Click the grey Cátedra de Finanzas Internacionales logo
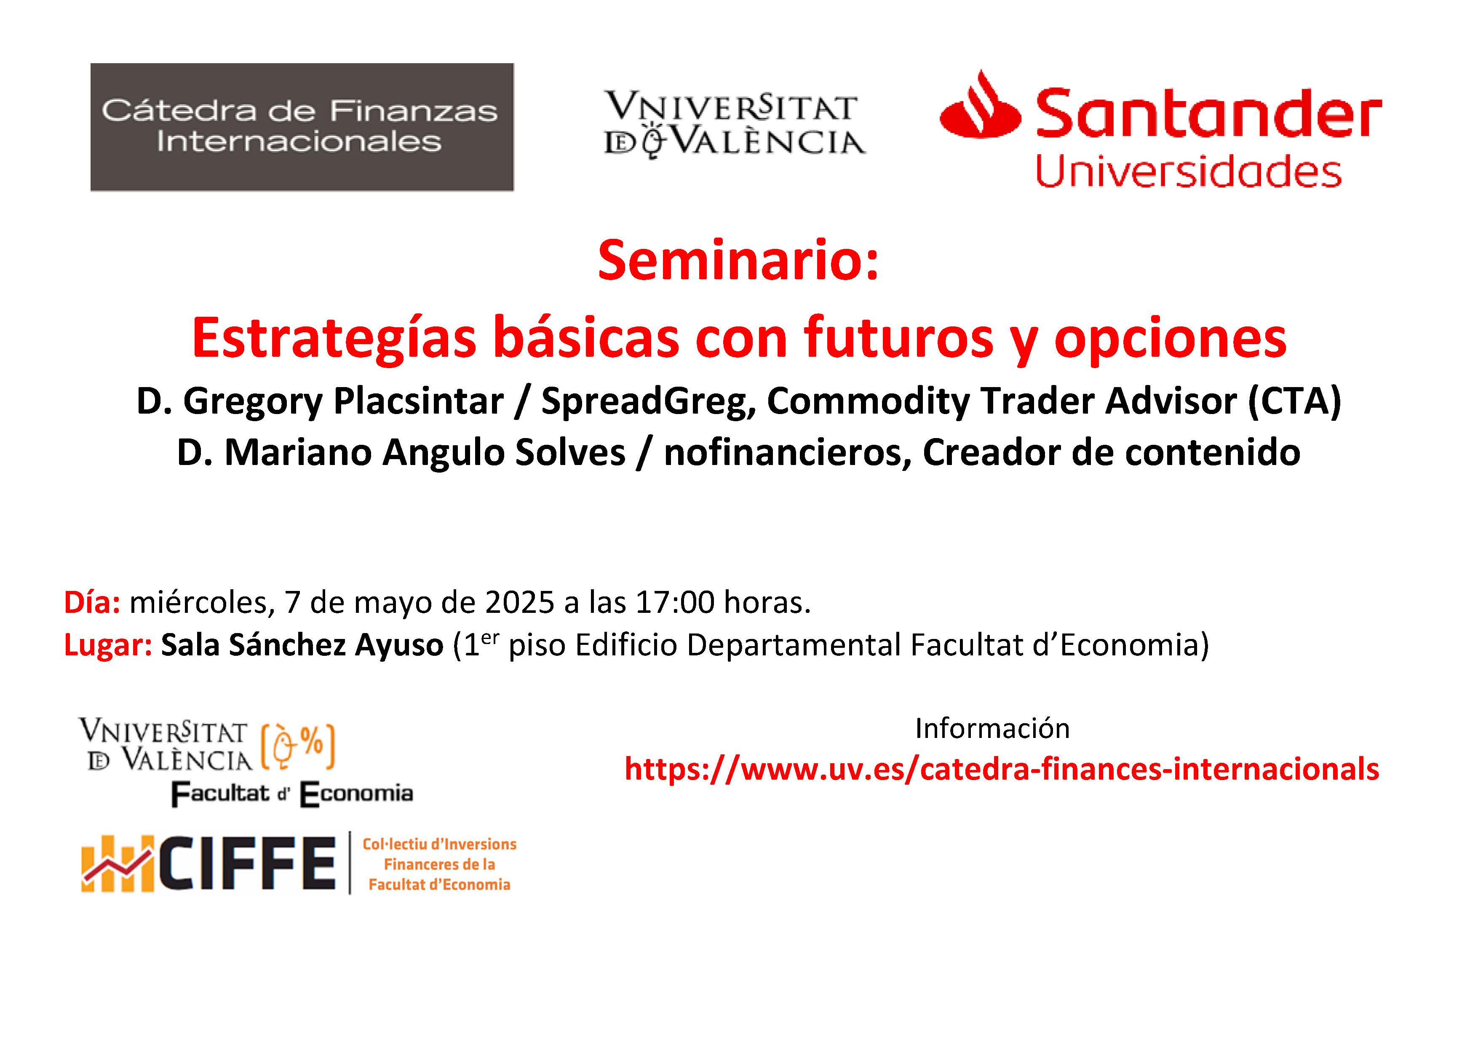[x=302, y=127]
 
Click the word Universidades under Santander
[x=1188, y=171]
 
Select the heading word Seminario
[x=738, y=261]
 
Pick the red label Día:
[x=92, y=602]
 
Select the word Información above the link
[x=992, y=728]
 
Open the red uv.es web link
[x=1002, y=769]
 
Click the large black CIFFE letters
[x=246, y=864]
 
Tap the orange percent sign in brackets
[x=312, y=743]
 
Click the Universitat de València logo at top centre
[x=735, y=125]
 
